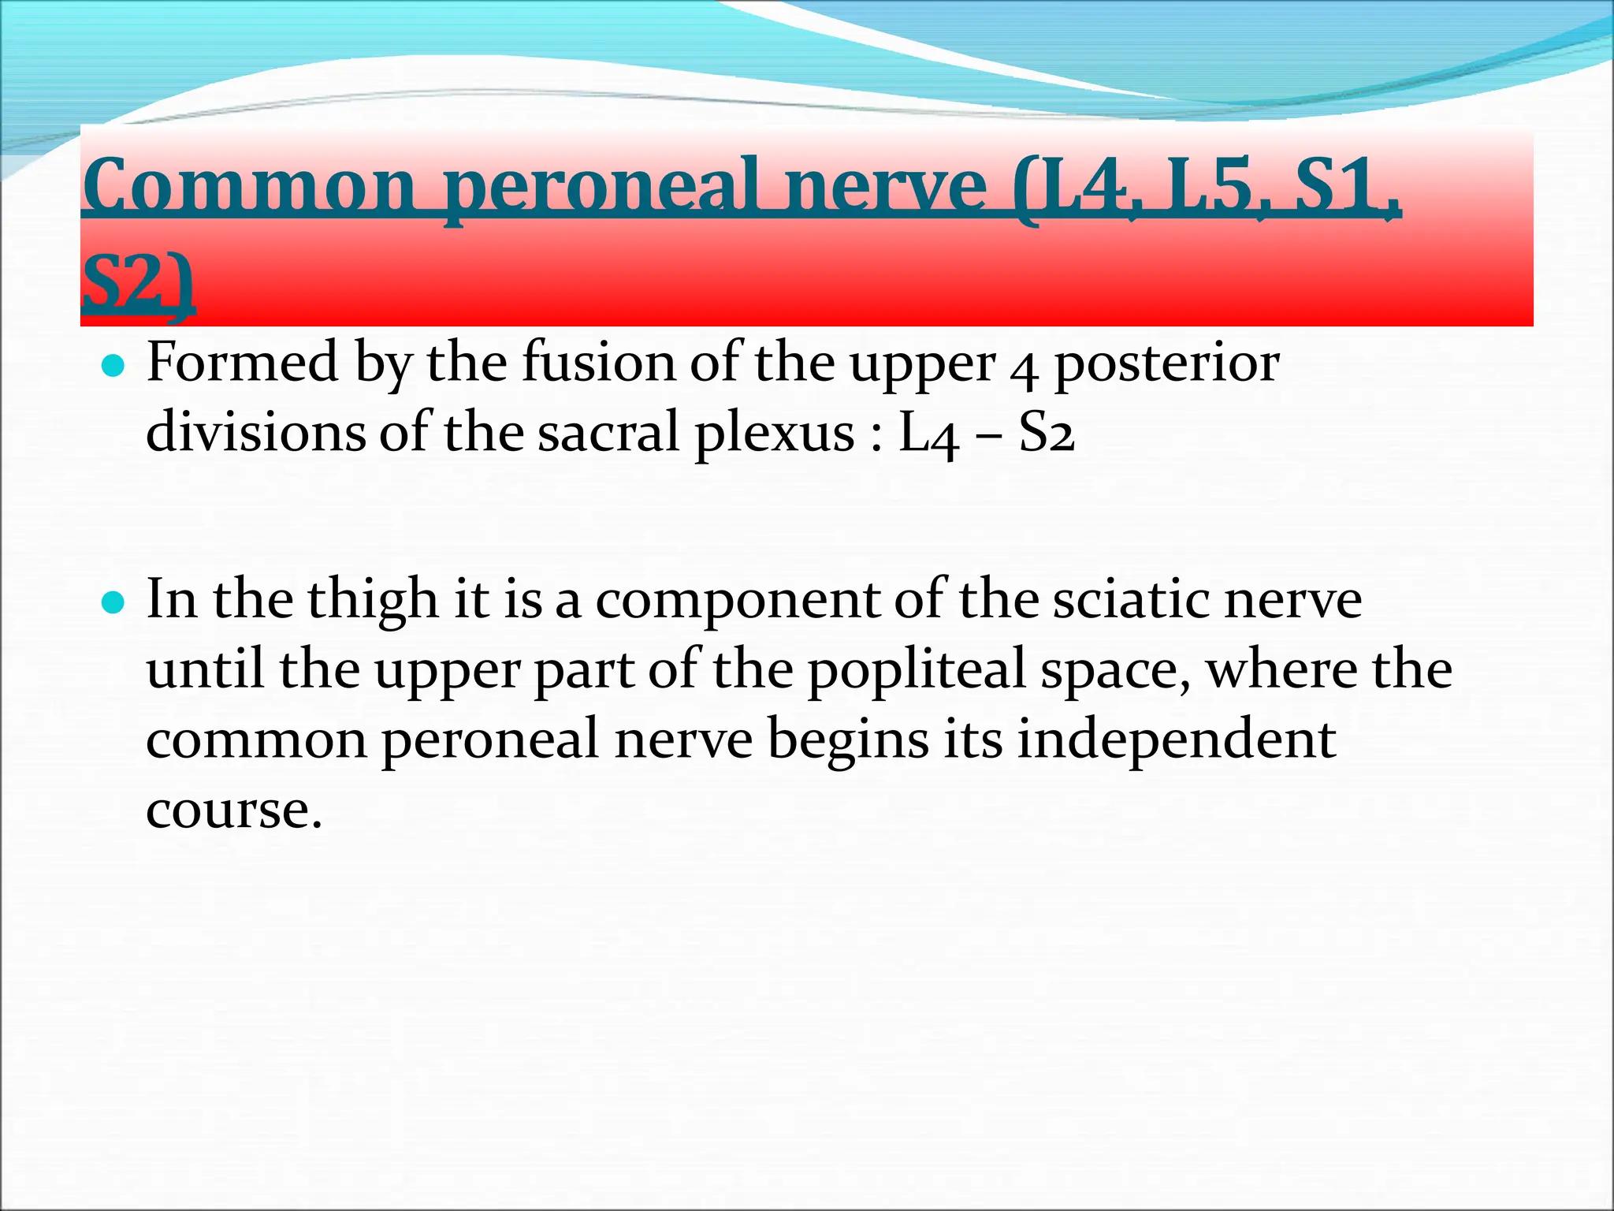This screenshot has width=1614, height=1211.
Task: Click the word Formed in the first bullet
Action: pos(244,363)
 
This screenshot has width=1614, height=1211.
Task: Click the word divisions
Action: pos(255,433)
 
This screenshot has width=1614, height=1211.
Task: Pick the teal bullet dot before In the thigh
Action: pos(114,604)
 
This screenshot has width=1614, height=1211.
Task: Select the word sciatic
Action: pos(1131,600)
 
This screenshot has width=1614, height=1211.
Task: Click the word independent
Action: pos(1176,740)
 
